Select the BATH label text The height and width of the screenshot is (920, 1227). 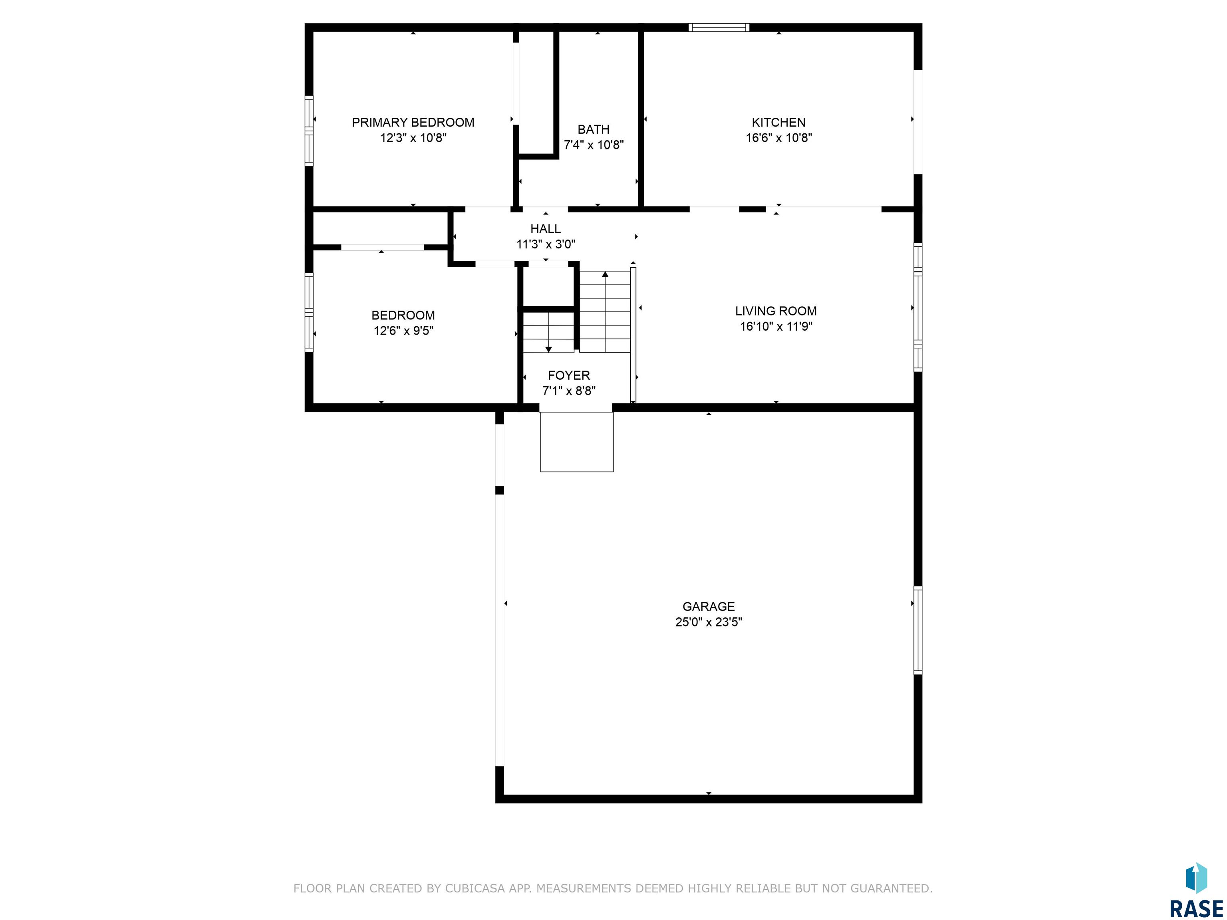tap(594, 130)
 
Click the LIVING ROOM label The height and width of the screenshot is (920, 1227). tap(776, 311)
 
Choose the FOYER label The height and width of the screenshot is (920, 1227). tap(569, 375)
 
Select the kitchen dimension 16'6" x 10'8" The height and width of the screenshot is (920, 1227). tap(779, 138)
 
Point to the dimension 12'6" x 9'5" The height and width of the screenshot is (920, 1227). tap(403, 331)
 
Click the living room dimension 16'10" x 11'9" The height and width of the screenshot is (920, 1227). tap(776, 327)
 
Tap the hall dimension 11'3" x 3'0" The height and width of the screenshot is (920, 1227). tap(546, 244)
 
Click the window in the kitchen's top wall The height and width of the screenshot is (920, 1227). tap(719, 27)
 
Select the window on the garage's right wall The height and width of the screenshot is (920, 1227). tap(917, 630)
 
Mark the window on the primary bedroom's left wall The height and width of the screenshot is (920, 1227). tap(309, 131)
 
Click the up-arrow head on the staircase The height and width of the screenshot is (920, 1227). tap(605, 274)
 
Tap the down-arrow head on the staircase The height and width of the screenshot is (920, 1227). tap(549, 349)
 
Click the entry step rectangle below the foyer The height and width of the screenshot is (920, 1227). tap(577, 442)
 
